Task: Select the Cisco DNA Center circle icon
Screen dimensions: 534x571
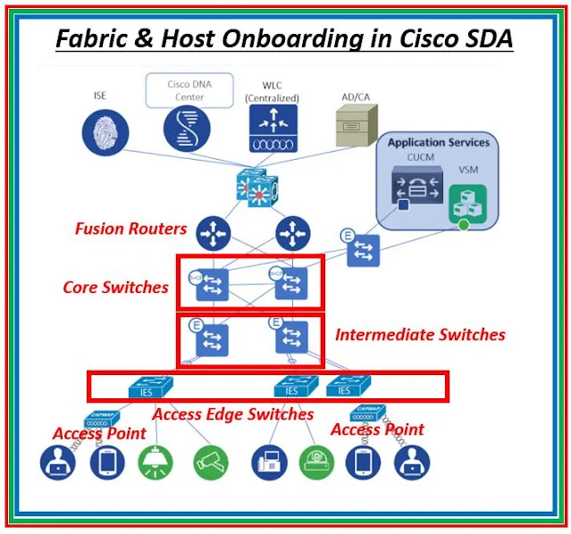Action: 186,128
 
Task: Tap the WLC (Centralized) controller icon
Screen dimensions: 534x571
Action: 272,128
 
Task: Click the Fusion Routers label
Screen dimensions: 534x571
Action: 130,229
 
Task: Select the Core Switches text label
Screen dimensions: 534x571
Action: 115,288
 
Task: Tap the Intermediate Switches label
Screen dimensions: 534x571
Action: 420,335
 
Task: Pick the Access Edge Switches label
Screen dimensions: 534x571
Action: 232,413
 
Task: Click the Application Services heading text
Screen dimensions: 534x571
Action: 438,142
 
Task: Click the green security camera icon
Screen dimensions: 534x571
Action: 211,462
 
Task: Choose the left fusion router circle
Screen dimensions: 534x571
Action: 214,234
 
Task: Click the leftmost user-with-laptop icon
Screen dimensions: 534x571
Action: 57,463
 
